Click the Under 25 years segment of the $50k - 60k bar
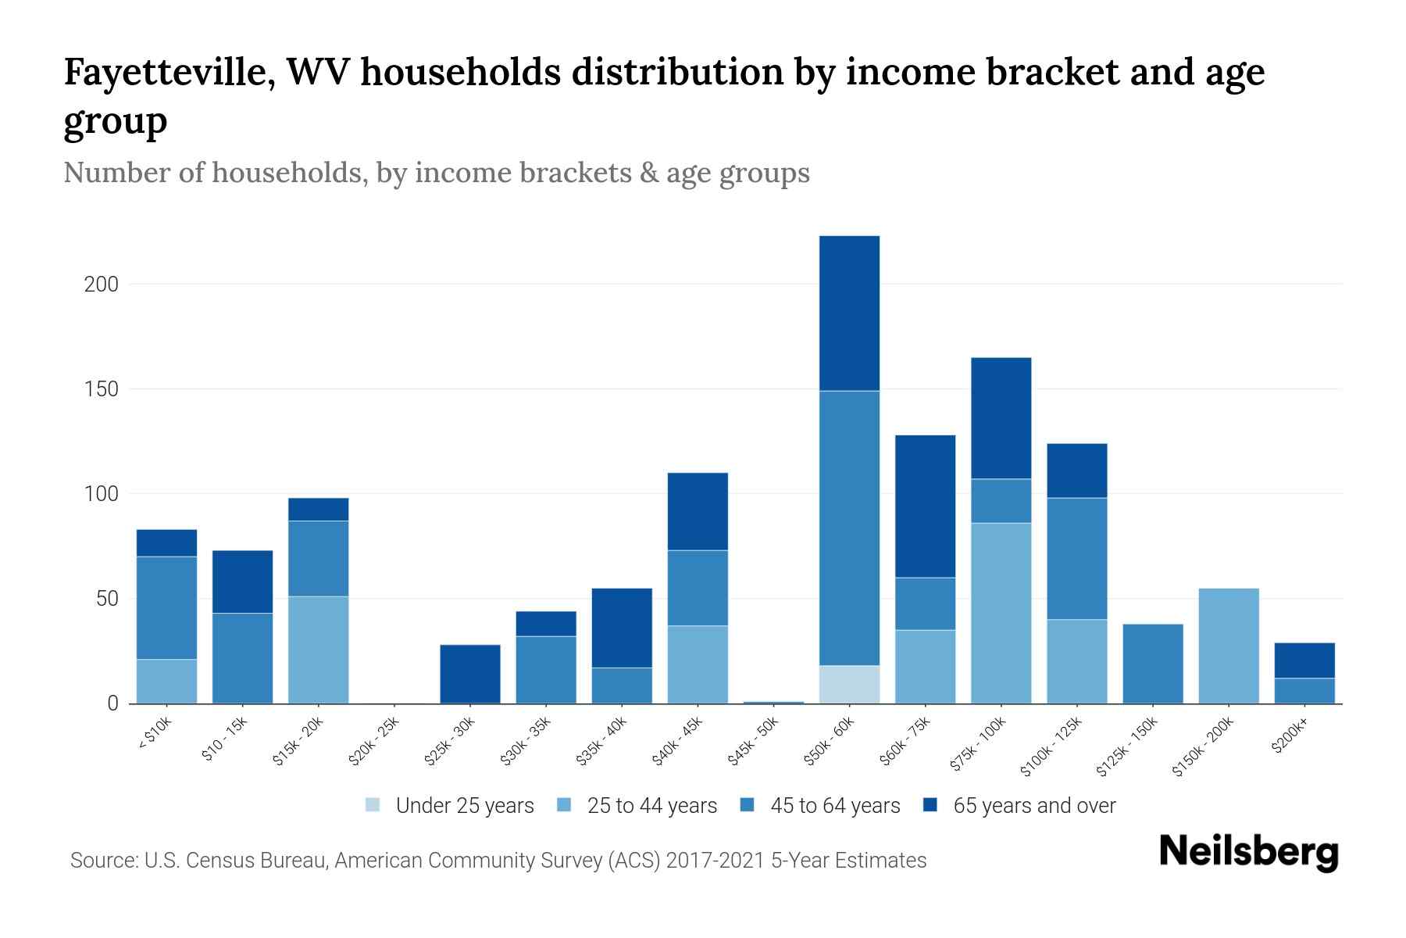tap(849, 684)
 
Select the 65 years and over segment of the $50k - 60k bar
tap(849, 313)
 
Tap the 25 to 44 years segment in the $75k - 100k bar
tap(1001, 613)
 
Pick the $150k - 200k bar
tap(1229, 646)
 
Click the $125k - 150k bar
tap(1153, 664)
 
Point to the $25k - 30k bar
tap(470, 674)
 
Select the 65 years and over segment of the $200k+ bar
tap(1304, 661)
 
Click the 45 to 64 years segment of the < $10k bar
tap(166, 607)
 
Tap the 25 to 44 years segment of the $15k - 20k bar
tap(318, 650)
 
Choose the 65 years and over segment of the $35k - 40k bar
tap(622, 628)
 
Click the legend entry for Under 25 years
tap(465, 806)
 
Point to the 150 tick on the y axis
tap(102, 389)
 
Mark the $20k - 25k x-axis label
tap(374, 742)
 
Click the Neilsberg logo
tap(1248, 852)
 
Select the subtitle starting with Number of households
tap(436, 172)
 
